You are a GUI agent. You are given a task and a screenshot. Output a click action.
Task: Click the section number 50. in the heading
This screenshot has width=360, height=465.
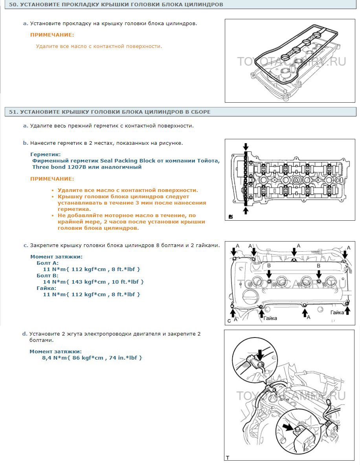pyautogui.click(x=14, y=4)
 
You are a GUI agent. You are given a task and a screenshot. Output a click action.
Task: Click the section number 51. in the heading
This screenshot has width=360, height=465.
pyautogui.click(x=14, y=112)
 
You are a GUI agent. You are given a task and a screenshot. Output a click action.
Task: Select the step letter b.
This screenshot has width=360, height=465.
pyautogui.click(x=26, y=143)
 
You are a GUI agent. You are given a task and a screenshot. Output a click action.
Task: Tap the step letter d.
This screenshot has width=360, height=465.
pyautogui.click(x=25, y=334)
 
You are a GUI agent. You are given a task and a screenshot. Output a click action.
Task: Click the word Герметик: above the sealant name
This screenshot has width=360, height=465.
pyautogui.click(x=45, y=155)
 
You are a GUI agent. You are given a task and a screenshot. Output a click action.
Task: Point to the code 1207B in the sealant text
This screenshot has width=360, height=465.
pyautogui.click(x=77, y=167)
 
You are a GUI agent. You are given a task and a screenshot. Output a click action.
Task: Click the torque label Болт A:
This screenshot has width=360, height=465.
pyautogui.click(x=48, y=263)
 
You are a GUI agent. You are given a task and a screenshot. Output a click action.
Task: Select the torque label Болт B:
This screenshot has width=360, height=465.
pyautogui.click(x=48, y=275)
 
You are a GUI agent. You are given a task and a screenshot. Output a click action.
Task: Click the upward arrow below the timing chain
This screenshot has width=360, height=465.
pyautogui.click(x=245, y=210)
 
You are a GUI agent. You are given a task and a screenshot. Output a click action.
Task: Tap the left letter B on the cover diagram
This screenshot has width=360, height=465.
pyautogui.click(x=269, y=266)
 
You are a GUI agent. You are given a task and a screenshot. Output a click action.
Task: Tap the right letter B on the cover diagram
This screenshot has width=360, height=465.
pyautogui.click(x=318, y=266)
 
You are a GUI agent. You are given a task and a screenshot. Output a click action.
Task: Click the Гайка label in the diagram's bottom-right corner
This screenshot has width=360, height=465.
pyautogui.click(x=337, y=312)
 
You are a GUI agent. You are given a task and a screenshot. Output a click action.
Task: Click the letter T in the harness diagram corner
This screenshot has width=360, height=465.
pyautogui.click(x=228, y=458)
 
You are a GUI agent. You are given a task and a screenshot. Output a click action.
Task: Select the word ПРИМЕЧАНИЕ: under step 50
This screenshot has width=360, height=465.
pyautogui.click(x=52, y=35)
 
